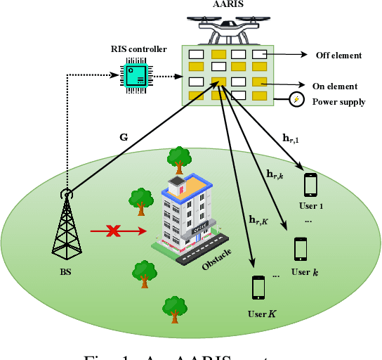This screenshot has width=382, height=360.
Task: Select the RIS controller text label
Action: (x=139, y=49)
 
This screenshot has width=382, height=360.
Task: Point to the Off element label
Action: (x=338, y=55)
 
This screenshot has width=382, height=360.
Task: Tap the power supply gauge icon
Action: (x=298, y=101)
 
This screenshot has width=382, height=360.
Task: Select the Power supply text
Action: (x=338, y=101)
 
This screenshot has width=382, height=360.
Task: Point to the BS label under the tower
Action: (x=66, y=271)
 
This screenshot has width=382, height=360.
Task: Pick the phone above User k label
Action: (x=301, y=249)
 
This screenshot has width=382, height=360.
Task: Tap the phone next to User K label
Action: (x=258, y=288)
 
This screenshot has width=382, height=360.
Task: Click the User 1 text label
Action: (x=310, y=206)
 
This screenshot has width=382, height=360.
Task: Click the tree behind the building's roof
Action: (x=180, y=159)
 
